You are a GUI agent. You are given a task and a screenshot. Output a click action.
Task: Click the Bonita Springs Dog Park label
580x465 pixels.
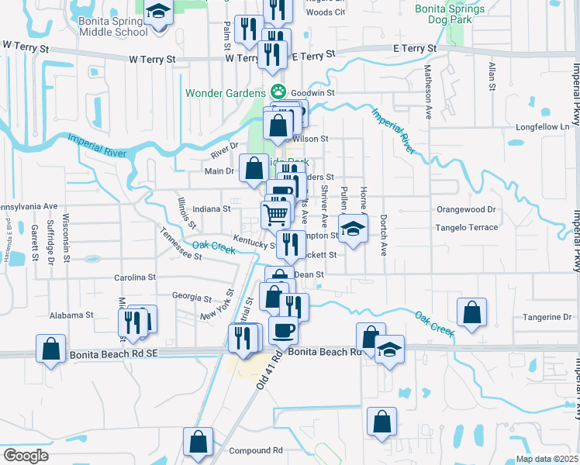[x=449, y=15]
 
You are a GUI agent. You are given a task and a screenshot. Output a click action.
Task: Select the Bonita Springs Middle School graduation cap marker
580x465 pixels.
[x=158, y=12]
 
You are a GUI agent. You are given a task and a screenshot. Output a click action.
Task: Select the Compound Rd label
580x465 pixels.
[x=256, y=450]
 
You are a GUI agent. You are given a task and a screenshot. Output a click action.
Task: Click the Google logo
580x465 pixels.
[x=25, y=456]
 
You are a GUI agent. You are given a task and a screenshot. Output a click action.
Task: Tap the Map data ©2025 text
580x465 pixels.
[x=547, y=459]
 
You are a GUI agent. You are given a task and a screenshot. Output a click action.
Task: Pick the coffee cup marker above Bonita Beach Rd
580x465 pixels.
[x=284, y=329]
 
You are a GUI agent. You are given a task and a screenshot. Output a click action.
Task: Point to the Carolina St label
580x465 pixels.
[x=135, y=277]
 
